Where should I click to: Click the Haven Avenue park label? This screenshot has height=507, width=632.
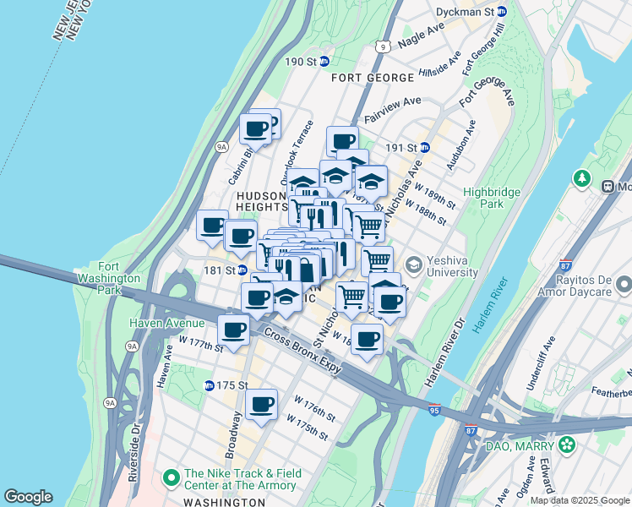pos(166,323)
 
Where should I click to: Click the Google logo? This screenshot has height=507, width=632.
pos(28,497)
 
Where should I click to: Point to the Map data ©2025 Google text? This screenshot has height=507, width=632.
pos(580,500)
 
